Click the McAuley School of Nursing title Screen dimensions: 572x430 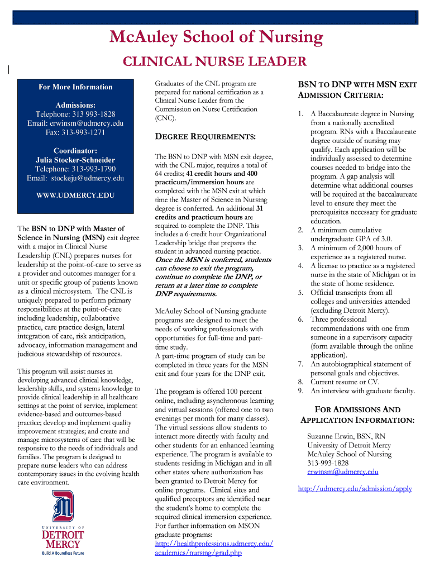click(217, 37)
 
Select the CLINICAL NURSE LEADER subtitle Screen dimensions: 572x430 click(214, 61)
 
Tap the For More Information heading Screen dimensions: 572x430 click(75, 87)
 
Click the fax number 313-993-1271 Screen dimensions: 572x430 click(75, 132)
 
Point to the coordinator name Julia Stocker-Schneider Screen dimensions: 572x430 click(75, 160)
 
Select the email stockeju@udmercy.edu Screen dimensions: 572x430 click(75, 178)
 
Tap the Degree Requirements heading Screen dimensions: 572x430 click(205, 136)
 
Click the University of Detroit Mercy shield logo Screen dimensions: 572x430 click(63, 506)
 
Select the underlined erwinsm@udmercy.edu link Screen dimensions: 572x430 click(342, 471)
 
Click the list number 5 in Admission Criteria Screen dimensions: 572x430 click(300, 293)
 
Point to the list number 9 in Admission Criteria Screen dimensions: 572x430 click(300, 391)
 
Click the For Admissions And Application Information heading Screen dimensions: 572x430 click(357, 414)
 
